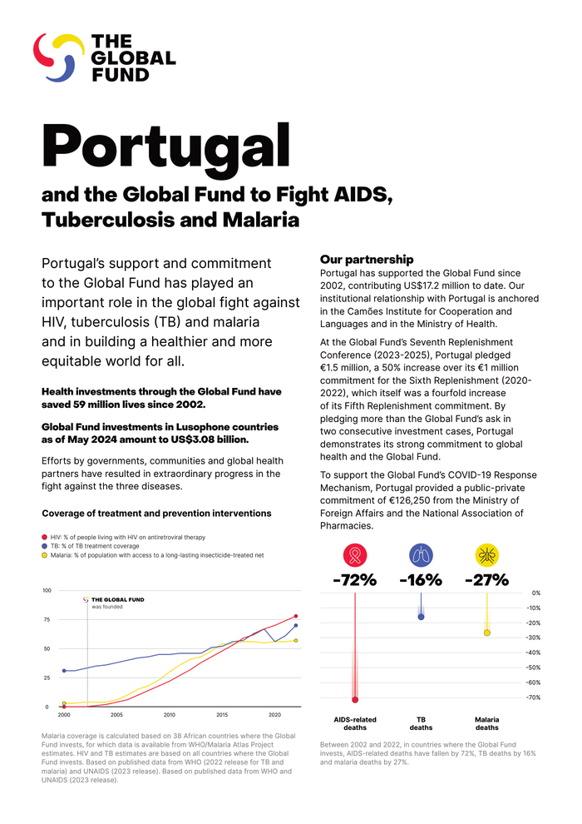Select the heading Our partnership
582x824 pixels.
367,260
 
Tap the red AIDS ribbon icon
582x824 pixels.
355,555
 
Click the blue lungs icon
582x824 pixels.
421,555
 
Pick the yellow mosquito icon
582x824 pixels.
486,555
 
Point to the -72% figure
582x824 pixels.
355,580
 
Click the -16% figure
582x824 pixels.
421,580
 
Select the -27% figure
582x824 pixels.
486,580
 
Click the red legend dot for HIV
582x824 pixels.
44,538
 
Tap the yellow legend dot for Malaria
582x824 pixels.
44,554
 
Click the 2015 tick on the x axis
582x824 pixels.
222,715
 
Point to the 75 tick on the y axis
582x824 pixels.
47,619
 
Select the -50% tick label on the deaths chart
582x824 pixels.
535,668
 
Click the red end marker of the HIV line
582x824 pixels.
296,617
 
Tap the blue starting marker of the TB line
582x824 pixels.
64,670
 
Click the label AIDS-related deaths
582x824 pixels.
355,722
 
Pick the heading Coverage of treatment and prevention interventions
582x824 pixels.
156,513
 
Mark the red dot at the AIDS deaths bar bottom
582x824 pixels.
355,699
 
